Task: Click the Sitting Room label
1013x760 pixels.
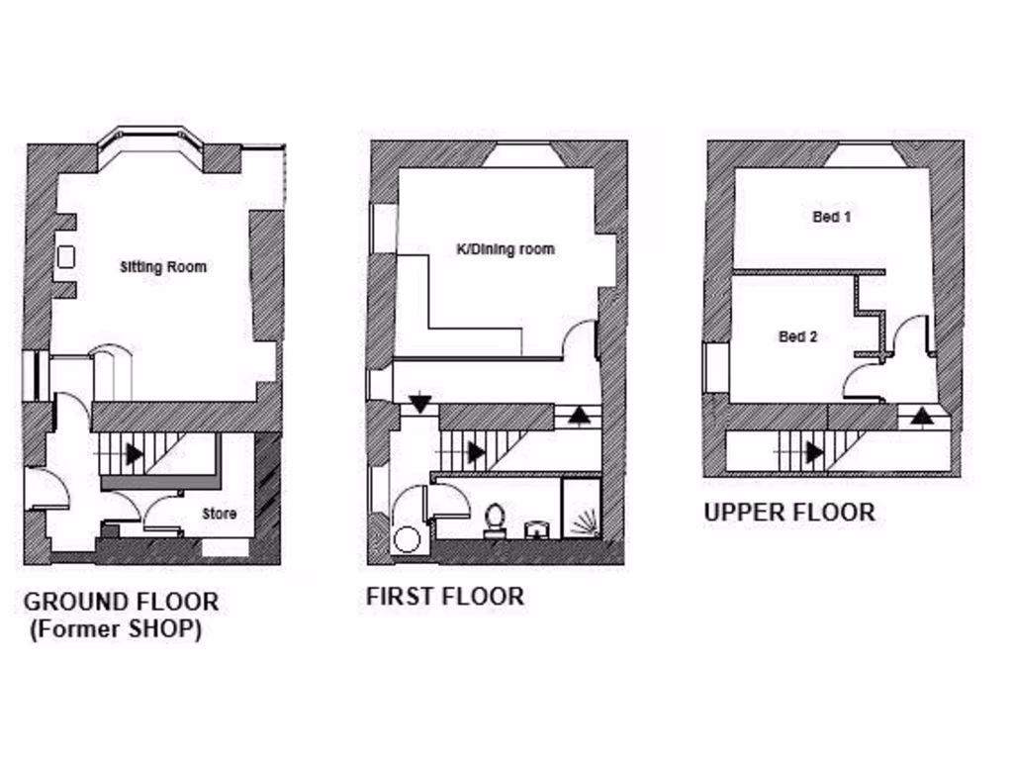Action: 163,267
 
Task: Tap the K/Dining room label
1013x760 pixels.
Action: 505,249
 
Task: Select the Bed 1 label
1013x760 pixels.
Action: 832,217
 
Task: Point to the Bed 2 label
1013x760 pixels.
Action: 797,336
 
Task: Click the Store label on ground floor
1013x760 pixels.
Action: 220,514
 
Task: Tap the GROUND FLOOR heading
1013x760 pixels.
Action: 121,601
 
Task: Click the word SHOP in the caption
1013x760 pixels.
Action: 158,629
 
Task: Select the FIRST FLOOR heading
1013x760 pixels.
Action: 444,596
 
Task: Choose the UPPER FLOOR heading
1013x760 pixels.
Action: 788,512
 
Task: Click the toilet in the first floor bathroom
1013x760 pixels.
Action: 496,521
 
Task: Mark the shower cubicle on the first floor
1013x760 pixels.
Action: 581,509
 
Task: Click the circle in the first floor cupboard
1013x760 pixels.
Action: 407,539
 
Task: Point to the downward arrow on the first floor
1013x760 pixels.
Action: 420,403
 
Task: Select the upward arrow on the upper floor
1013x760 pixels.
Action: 922,416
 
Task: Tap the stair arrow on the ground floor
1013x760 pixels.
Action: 134,454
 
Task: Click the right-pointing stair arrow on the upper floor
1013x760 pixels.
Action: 814,452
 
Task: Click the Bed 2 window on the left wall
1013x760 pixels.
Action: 715,367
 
